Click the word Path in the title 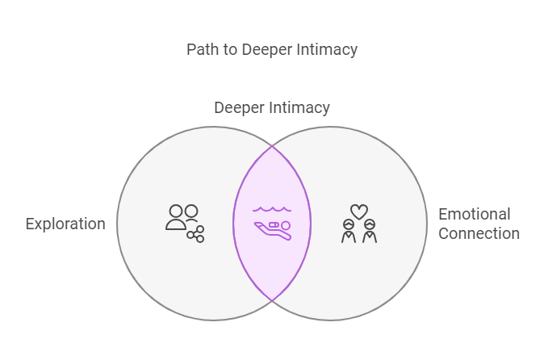pos(202,50)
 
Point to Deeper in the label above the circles pos(241,107)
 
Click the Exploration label pos(65,224)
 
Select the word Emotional pos(474,215)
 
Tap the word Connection pos(479,234)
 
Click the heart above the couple pos(359,211)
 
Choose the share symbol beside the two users pos(196,234)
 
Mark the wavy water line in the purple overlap pos(272,209)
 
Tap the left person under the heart pos(349,232)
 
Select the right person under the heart pos(370,232)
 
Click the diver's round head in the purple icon pos(285,225)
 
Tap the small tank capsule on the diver pos(274,224)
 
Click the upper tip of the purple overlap pos(272,148)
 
